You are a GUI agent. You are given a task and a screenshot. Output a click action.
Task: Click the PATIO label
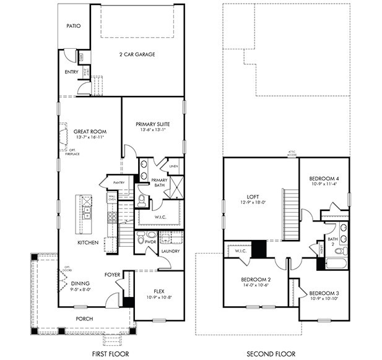point(74,27)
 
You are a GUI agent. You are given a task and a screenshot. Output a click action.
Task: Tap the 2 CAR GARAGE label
point(137,54)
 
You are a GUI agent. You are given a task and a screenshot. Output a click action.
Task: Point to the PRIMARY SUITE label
point(152,124)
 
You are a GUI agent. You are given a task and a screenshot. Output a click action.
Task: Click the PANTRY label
point(119,182)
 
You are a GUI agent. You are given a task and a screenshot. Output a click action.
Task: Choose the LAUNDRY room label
point(170,251)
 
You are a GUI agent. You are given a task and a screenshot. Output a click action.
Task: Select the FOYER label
point(112,274)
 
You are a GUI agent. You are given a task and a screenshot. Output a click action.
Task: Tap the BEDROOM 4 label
point(324,178)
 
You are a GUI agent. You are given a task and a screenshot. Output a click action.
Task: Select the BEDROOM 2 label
point(256,280)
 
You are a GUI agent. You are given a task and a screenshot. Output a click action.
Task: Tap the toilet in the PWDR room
point(140,237)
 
